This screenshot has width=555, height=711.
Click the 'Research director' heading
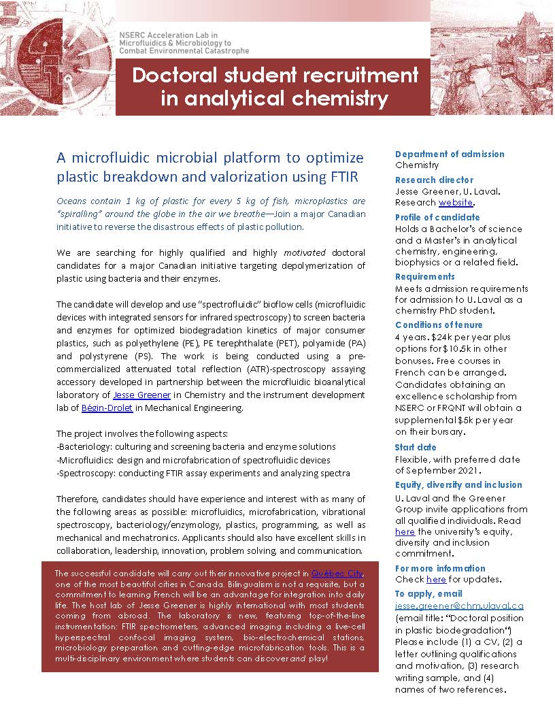coord(434,180)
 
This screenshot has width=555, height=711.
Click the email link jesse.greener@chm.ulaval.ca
coord(459,605)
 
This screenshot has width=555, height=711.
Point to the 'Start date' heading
coord(416,447)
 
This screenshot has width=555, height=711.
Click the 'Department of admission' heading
coord(450,154)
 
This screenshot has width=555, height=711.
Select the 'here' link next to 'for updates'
coord(436,579)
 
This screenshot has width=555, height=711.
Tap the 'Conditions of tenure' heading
coord(439,325)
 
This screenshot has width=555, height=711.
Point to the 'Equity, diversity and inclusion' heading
coord(458,484)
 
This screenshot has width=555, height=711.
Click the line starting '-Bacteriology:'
coord(196,446)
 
